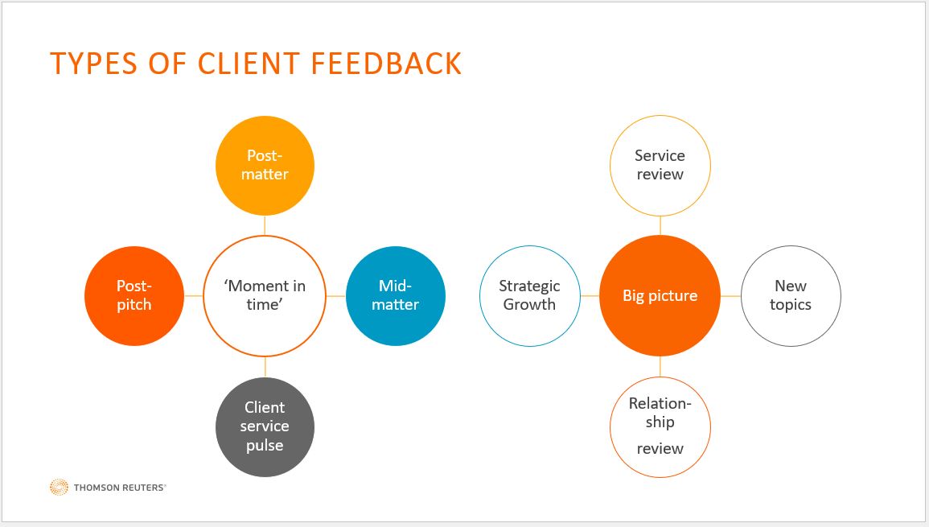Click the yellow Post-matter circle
264,165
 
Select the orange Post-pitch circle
134,295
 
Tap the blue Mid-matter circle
395,295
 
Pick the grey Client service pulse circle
265,426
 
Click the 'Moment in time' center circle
265,295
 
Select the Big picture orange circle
660,295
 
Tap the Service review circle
660,165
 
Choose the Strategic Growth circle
529,295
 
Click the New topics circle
790,295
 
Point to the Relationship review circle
660,426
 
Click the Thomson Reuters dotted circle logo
59,487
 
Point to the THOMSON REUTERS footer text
120,488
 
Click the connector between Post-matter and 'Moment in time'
265,225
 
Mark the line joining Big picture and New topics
730,296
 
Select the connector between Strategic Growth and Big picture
590,296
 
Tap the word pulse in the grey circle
265,445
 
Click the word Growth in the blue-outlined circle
529,305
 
